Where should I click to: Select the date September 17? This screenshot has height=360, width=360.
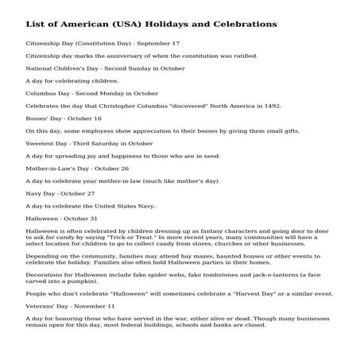pos(159,43)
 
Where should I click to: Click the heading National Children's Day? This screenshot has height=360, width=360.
pos(60,68)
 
